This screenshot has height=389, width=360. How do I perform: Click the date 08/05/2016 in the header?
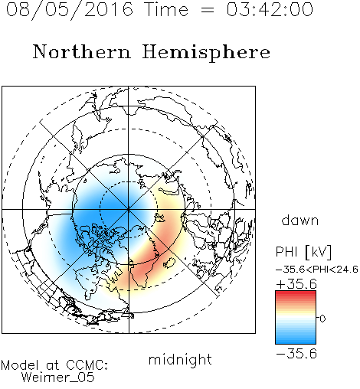[x=69, y=10]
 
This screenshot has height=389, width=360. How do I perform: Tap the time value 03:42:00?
[x=270, y=9]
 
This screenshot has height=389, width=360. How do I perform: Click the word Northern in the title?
[x=81, y=51]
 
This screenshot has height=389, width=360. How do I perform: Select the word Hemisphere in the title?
[x=206, y=52]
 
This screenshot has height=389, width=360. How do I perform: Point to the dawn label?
[x=300, y=220]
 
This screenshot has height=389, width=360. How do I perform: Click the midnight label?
[x=180, y=359]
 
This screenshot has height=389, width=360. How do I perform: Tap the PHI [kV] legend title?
[x=303, y=252]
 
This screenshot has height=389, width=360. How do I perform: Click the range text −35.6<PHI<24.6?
[x=317, y=270]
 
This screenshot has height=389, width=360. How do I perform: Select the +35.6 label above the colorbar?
[x=296, y=284]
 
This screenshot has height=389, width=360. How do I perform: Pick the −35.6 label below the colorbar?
[x=296, y=354]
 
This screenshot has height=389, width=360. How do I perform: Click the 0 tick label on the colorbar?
[x=322, y=319]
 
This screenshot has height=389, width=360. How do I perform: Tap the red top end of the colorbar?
[x=296, y=293]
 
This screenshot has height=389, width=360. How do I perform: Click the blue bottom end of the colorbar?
[x=296, y=342]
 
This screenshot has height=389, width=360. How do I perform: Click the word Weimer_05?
[x=58, y=378]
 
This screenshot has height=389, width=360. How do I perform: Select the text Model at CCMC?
[x=54, y=365]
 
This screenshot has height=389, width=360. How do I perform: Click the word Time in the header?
[x=166, y=9]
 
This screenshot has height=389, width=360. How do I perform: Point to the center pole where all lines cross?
[x=129, y=209]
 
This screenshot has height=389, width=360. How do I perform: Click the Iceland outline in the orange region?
[x=169, y=263]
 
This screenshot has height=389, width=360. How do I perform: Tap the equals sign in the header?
[x=208, y=10]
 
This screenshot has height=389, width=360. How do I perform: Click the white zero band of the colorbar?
[x=296, y=319]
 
